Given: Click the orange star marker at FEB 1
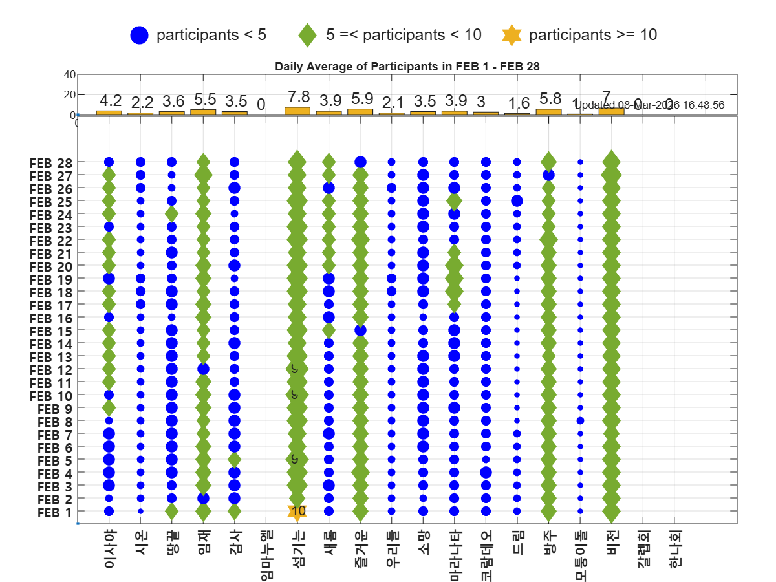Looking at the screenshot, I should [x=297, y=512].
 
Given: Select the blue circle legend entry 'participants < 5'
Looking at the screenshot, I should [x=140, y=35].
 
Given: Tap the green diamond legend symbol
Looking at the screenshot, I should [x=308, y=35].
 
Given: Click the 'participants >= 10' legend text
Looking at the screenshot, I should [x=592, y=35].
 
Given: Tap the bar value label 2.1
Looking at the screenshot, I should [x=391, y=102].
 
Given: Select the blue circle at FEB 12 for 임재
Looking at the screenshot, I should [x=203, y=369].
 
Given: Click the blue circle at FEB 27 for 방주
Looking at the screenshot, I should [x=548, y=175].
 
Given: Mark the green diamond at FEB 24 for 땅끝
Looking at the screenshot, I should [x=171, y=214].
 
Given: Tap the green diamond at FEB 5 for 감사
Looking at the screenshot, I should [x=234, y=460].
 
